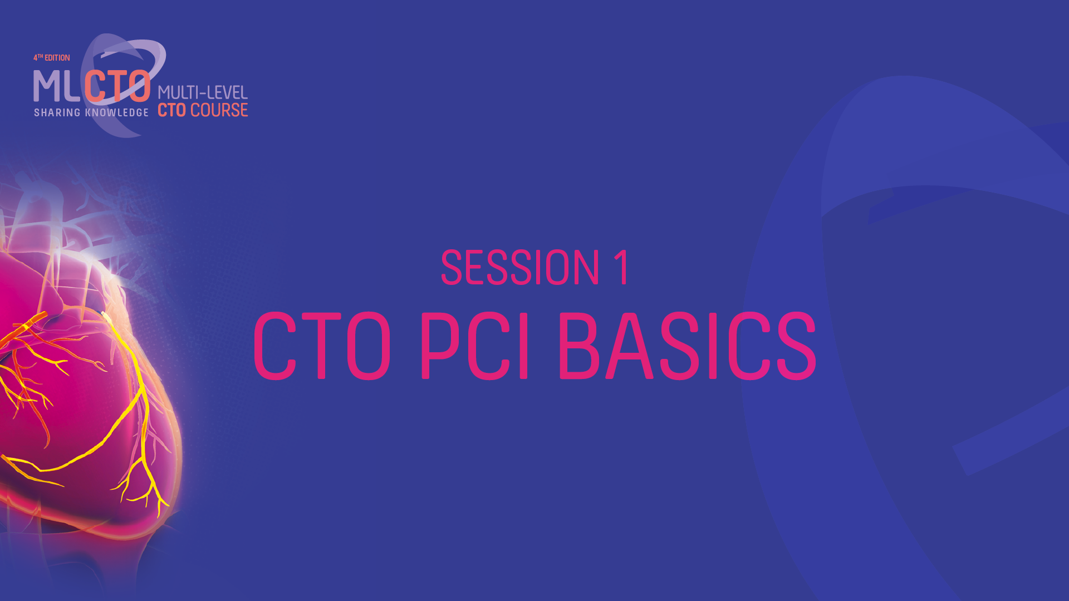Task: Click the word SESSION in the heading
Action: pos(520,268)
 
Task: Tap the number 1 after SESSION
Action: pos(622,268)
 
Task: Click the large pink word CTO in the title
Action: pos(322,346)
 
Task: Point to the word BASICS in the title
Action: pos(687,346)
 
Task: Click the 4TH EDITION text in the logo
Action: pos(52,58)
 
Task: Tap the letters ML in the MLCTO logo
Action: pos(57,87)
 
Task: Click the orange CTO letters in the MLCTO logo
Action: pos(118,87)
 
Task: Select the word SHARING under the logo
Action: pos(57,112)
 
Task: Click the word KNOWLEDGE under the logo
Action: pos(117,112)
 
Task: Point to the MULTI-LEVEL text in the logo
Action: pos(203,92)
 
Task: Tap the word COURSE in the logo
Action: pos(219,110)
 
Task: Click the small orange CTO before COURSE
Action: pos(171,110)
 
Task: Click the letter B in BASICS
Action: pos(579,346)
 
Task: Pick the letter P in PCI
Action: pos(440,346)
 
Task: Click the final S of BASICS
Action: pos(796,346)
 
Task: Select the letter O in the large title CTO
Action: pos(369,346)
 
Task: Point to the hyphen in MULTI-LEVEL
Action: pos(203,93)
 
